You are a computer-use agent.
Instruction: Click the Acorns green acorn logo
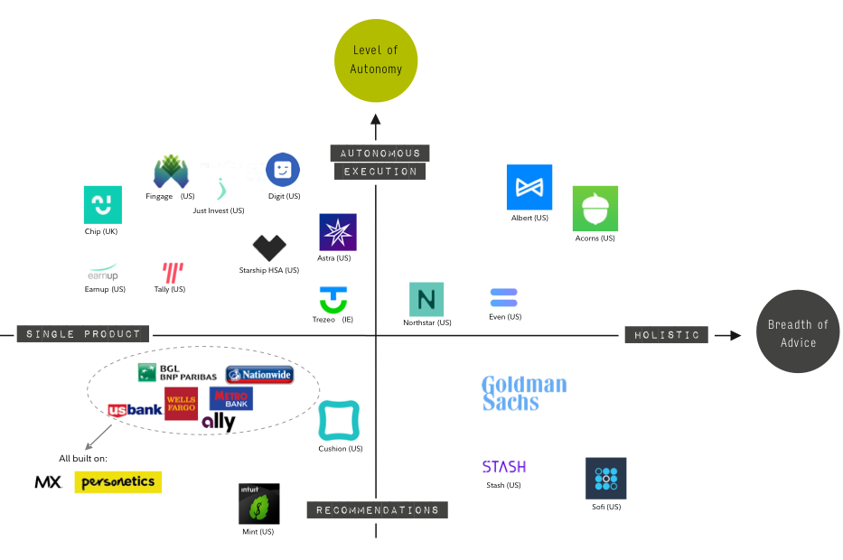(x=595, y=209)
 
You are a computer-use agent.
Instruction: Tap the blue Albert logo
(x=529, y=187)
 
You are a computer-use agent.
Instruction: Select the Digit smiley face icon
(x=283, y=170)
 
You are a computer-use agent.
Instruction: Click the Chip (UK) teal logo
(x=102, y=205)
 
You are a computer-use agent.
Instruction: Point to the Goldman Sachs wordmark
(x=524, y=393)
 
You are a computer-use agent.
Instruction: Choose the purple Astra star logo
(x=338, y=232)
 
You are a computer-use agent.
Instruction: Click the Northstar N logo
(x=426, y=299)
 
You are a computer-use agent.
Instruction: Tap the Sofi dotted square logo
(x=605, y=479)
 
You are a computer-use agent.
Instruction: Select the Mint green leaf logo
(x=259, y=504)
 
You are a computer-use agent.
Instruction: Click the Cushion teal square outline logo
(x=340, y=421)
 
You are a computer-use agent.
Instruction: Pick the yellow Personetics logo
(x=118, y=482)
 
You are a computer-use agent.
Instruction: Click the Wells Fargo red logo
(x=181, y=403)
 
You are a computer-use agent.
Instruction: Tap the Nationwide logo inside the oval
(x=259, y=374)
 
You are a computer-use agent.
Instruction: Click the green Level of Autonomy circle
(x=376, y=60)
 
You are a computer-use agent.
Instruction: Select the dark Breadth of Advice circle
(x=798, y=332)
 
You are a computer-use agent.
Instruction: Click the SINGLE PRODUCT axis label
(x=83, y=334)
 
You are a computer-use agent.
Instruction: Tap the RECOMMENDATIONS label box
(x=378, y=510)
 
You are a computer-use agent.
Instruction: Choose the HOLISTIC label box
(x=667, y=335)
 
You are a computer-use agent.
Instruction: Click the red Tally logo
(x=173, y=272)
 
